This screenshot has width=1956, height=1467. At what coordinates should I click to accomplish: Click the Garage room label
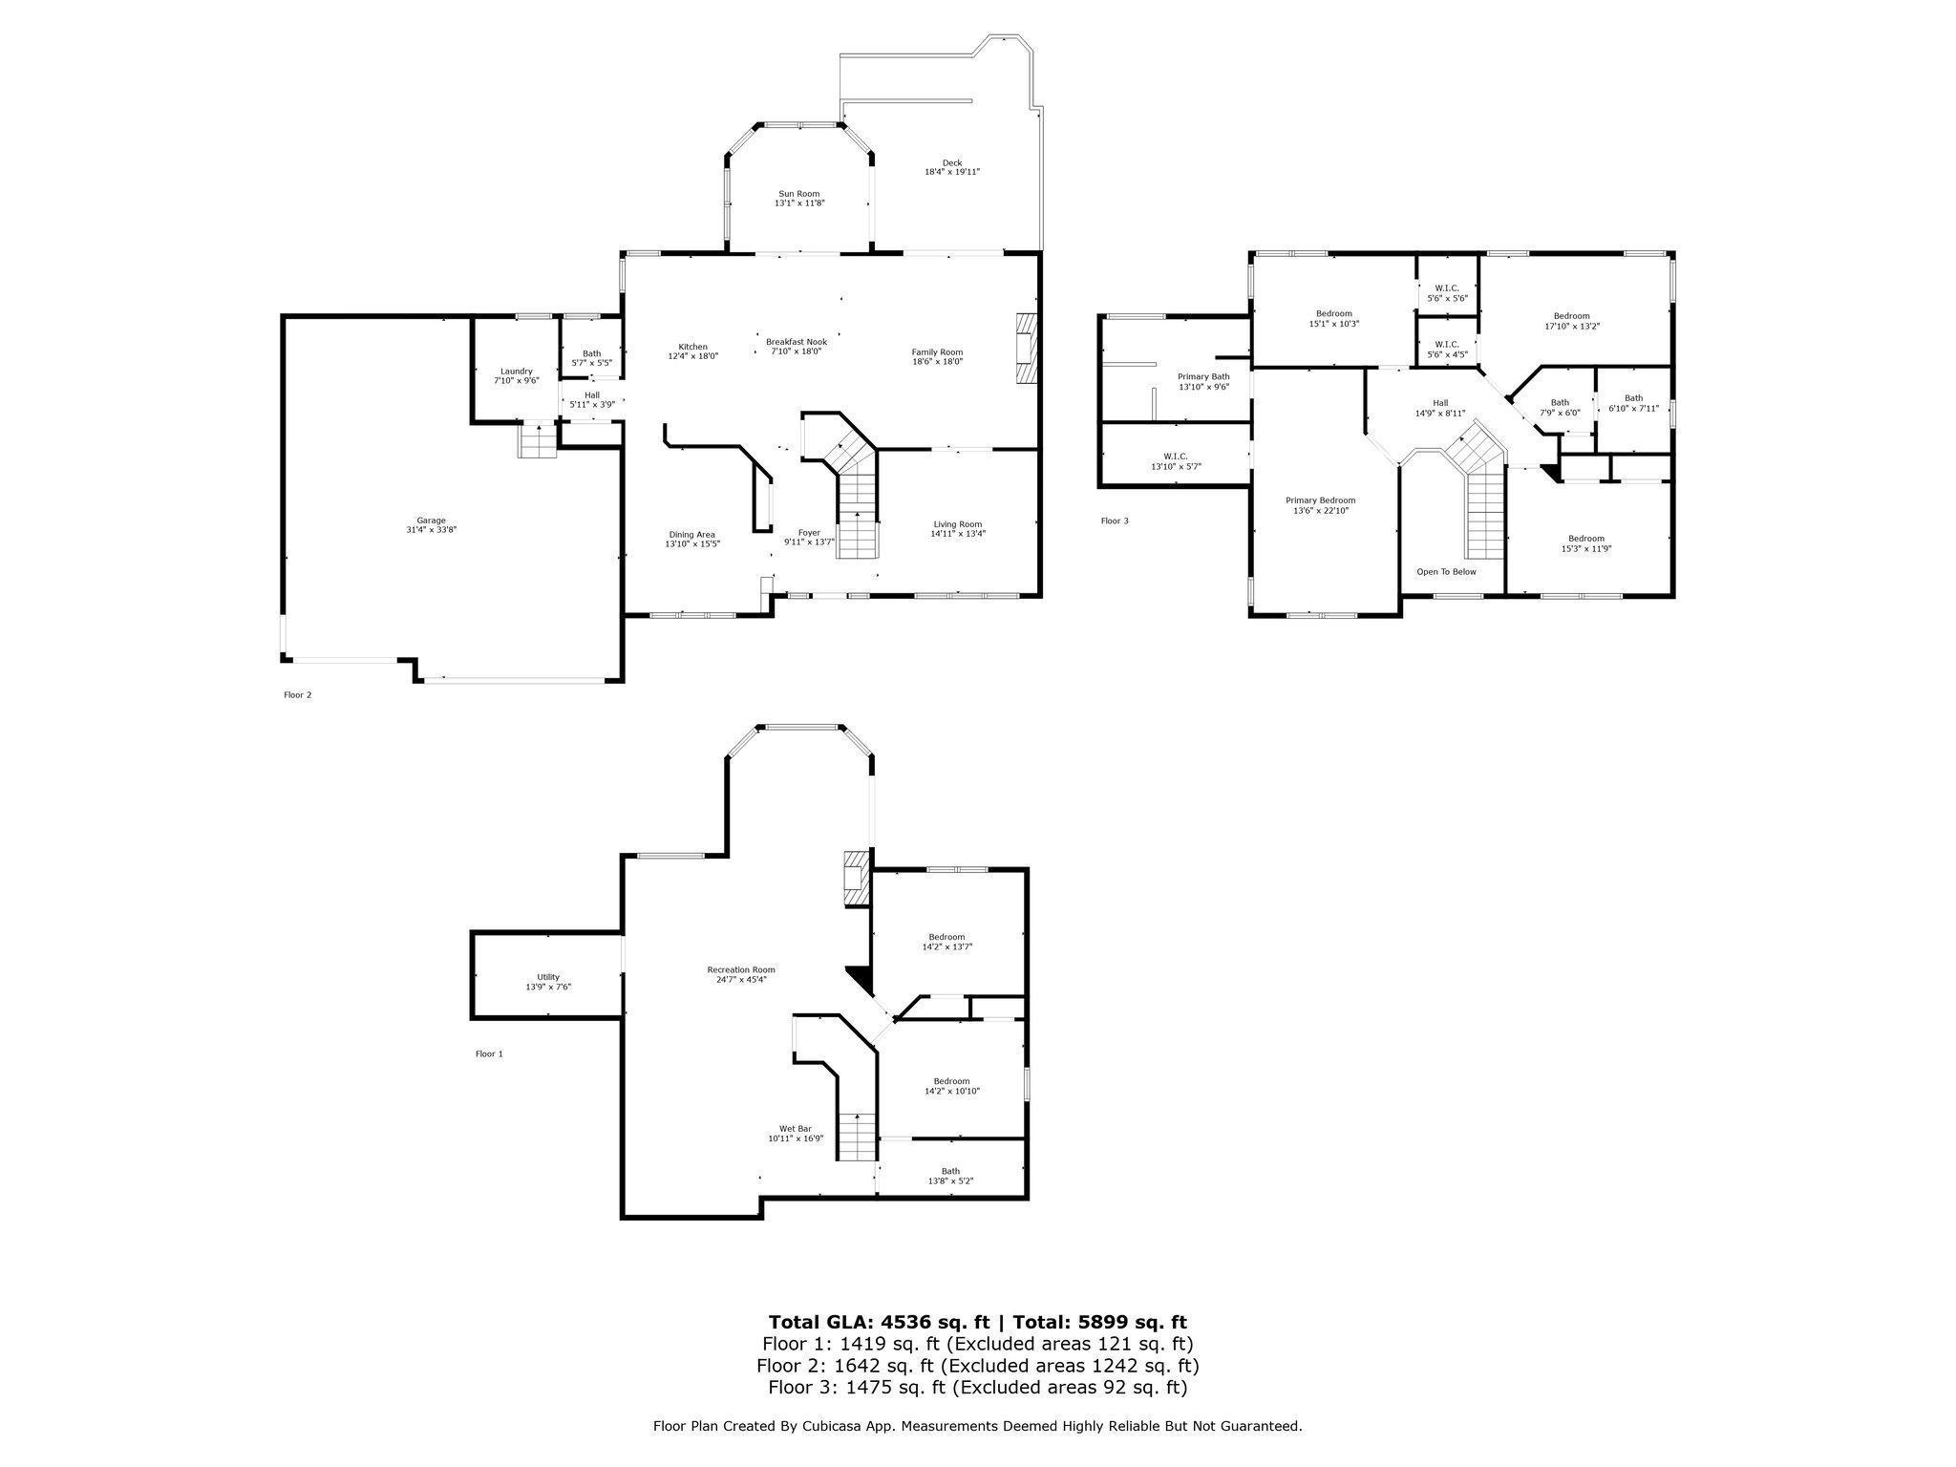[431, 521]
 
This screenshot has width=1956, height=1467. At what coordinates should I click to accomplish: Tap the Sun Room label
[798, 194]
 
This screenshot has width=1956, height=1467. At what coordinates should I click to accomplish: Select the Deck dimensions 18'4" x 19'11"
[952, 172]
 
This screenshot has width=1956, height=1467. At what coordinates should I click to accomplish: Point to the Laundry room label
[516, 372]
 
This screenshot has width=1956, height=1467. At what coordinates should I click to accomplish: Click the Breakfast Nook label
[796, 342]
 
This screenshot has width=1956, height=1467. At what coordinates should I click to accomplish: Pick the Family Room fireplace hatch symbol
[1026, 349]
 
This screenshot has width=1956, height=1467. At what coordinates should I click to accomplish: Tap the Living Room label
[957, 524]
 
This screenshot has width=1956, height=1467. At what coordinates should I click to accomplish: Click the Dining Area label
[691, 535]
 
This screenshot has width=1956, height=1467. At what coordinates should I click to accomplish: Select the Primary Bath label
[1202, 376]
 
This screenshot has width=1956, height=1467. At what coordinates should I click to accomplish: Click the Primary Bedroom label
[1320, 500]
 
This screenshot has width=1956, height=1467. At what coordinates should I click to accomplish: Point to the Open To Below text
[1446, 572]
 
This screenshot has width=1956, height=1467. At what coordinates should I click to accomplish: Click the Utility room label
[548, 977]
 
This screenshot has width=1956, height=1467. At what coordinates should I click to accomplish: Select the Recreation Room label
[740, 969]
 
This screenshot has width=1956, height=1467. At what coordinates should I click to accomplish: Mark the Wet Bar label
[795, 1128]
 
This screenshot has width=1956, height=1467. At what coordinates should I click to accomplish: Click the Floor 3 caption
[1114, 521]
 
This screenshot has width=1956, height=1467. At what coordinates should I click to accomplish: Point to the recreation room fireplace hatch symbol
[857, 879]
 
